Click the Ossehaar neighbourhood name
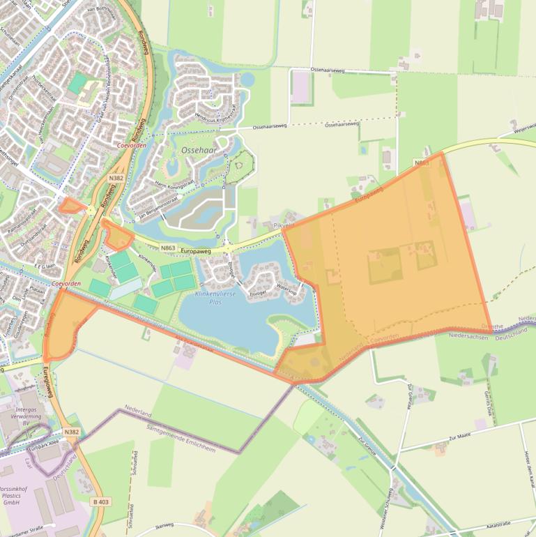(181, 150)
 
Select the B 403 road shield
(101, 501)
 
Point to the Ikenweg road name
(164, 526)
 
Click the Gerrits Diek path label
(489, 402)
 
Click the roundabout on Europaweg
(228, 248)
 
